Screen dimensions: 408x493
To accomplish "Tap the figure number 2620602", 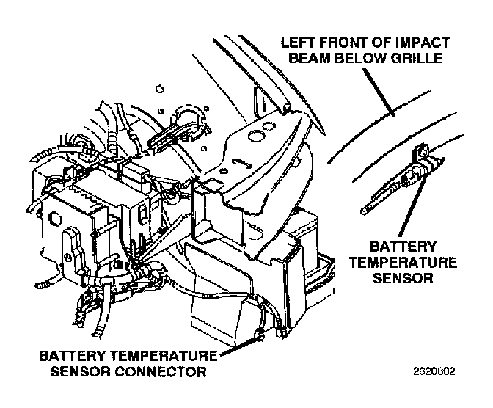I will (434, 371).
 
